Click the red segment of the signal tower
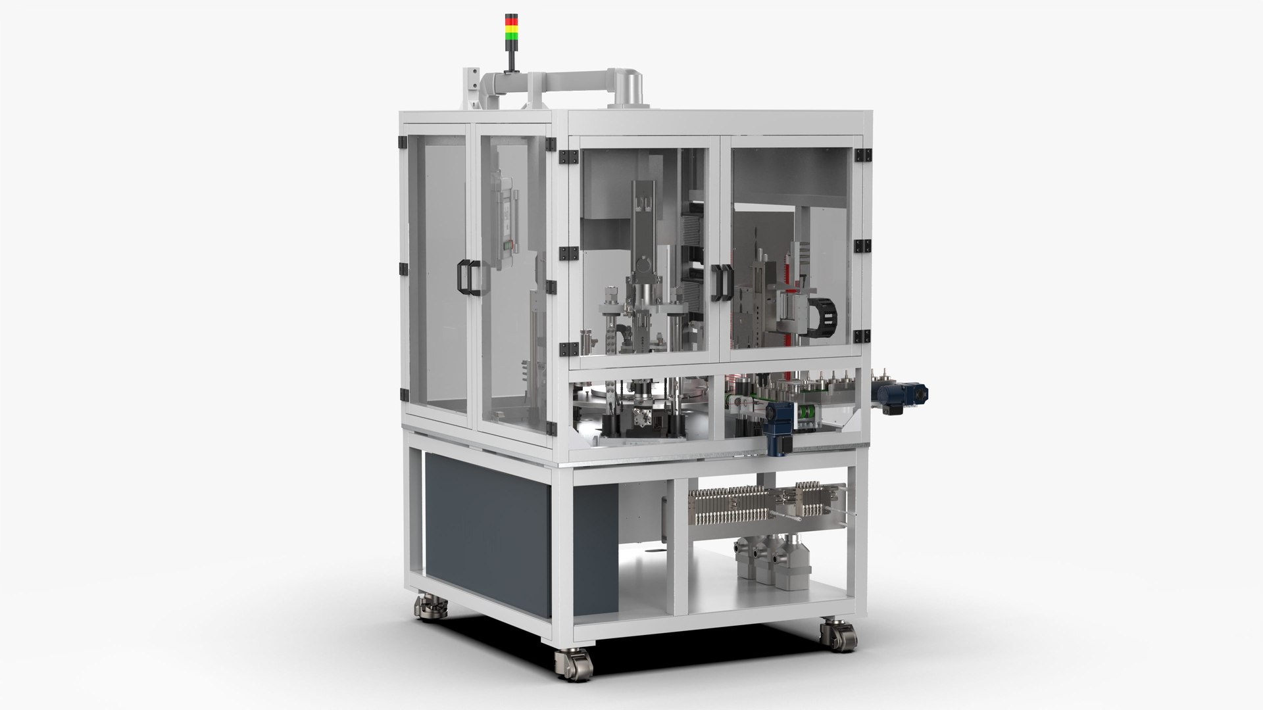pos(511,18)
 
